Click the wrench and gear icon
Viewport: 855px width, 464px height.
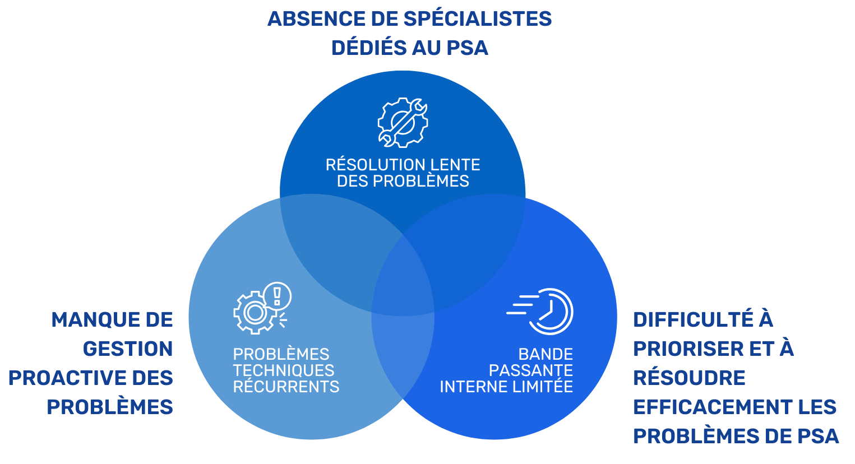(403, 123)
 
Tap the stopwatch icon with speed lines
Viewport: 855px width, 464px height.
(542, 311)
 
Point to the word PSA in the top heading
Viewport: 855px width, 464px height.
(466, 48)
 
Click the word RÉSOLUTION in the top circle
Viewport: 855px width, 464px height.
(372, 165)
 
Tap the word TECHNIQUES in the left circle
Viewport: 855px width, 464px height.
(284, 370)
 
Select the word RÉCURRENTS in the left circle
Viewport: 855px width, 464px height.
(286, 387)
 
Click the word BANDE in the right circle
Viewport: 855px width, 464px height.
(546, 354)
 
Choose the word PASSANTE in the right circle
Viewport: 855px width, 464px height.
(531, 370)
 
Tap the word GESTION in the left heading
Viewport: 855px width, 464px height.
(128, 349)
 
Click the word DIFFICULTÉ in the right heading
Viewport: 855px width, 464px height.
(694, 320)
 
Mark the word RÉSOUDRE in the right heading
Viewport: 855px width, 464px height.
(689, 378)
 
